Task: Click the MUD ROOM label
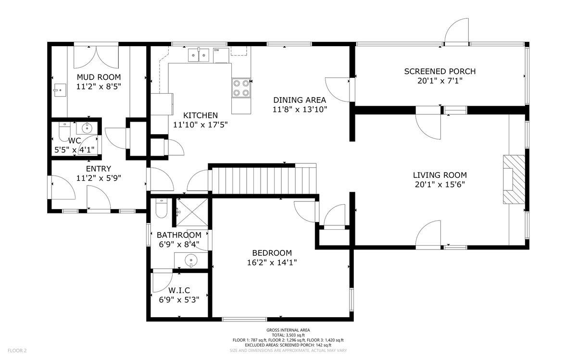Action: (x=99, y=77)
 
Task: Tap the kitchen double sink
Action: (x=198, y=55)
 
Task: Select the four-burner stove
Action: (x=241, y=88)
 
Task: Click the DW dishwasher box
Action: (x=221, y=55)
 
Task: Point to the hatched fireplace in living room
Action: (x=514, y=179)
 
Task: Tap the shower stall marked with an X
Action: (x=192, y=212)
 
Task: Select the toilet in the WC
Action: (x=64, y=132)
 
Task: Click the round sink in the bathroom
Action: (x=191, y=261)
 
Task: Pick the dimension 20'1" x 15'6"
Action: (x=439, y=185)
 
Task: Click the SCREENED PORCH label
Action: (x=439, y=71)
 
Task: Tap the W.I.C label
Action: (x=179, y=290)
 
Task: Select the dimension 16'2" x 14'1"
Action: (x=272, y=262)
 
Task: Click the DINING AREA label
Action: (x=300, y=100)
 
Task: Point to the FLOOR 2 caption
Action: (x=17, y=350)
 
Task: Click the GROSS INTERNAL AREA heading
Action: (x=288, y=330)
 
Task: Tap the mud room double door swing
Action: (x=96, y=57)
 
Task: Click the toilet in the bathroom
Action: (x=161, y=208)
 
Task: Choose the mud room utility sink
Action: (x=60, y=90)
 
